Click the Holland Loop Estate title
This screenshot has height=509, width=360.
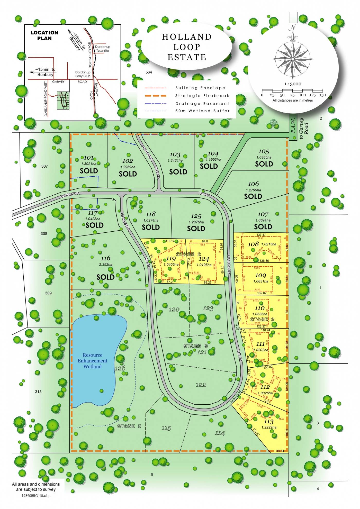click(x=187, y=47)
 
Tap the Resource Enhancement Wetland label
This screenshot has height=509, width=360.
click(x=93, y=361)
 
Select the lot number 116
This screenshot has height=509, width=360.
click(x=105, y=258)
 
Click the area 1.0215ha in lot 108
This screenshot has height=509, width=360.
click(x=269, y=244)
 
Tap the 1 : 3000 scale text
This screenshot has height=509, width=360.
click(x=293, y=84)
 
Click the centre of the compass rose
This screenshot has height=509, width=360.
click(x=293, y=59)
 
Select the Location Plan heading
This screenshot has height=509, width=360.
click(x=44, y=35)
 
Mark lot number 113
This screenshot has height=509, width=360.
click(x=268, y=421)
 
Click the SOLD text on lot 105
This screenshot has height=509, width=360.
click(x=264, y=164)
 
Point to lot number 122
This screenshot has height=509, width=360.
click(x=201, y=385)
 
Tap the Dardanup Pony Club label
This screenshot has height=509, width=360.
click(x=83, y=74)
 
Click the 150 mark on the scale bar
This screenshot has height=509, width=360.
click(x=322, y=95)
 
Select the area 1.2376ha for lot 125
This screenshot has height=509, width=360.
click(x=196, y=222)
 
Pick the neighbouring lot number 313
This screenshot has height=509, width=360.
click(x=38, y=392)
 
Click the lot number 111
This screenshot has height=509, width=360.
click(x=260, y=344)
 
